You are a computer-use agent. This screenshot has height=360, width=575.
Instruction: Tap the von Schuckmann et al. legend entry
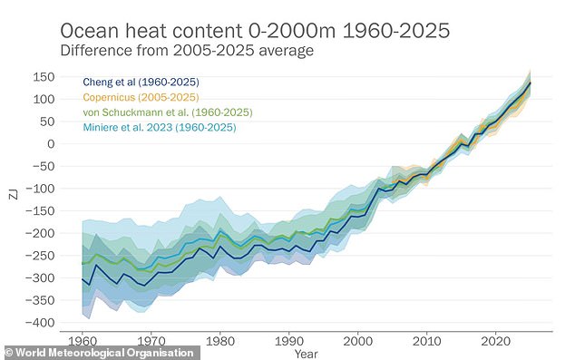tap(168, 112)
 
